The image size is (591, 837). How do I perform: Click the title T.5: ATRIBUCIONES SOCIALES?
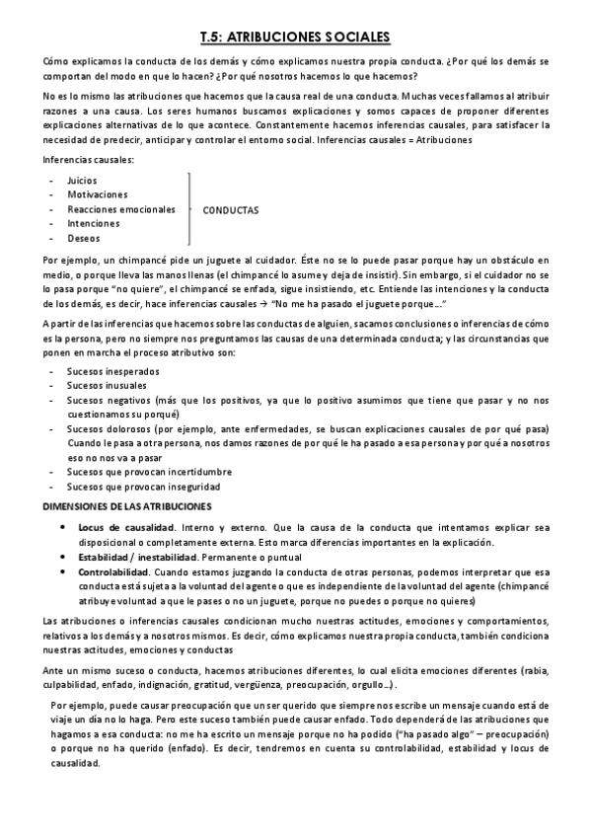pos(295,37)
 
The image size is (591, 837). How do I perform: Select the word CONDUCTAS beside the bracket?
pos(231,210)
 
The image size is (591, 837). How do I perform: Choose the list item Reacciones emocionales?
pos(121,209)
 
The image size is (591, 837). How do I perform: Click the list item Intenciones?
pos(94,223)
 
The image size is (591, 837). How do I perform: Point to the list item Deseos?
pos(83,238)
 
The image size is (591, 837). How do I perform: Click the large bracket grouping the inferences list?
pos(188,210)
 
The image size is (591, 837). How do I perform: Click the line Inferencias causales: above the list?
pos(89,161)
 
